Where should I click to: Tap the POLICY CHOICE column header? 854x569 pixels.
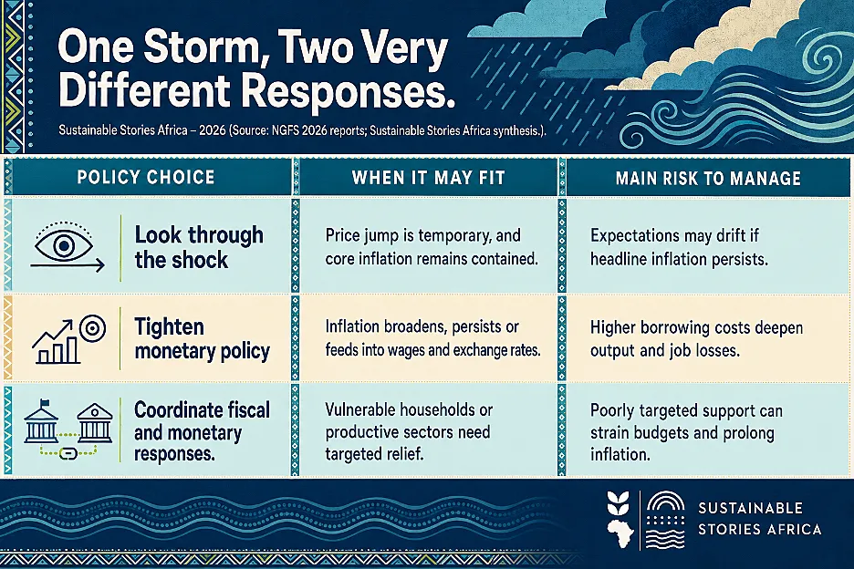(146, 178)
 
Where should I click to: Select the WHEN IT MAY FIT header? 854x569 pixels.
(429, 178)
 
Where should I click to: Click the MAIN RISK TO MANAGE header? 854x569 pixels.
(708, 178)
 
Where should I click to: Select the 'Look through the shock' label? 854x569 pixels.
(199, 247)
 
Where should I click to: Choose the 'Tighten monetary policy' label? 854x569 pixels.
(202, 339)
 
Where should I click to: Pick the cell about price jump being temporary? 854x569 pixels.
(432, 246)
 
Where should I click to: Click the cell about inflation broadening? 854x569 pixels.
(433, 338)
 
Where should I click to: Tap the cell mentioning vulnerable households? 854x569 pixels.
(409, 432)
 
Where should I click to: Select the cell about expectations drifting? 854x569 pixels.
(679, 247)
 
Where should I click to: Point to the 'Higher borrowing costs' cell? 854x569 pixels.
(696, 338)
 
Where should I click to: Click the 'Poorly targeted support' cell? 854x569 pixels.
(686, 432)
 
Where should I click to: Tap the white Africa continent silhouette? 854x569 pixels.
(620, 534)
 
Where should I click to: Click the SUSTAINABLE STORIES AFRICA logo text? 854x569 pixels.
(760, 519)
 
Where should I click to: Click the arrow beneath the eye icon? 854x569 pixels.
(68, 265)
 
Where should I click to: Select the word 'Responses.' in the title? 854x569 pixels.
(348, 90)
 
